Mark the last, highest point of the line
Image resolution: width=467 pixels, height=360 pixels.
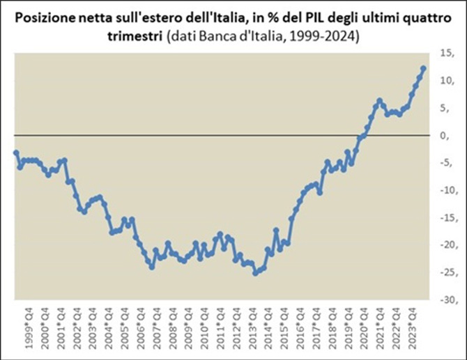pyautogui.click(x=424, y=68)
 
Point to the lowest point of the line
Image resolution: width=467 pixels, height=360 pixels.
pyautogui.click(x=255, y=273)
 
